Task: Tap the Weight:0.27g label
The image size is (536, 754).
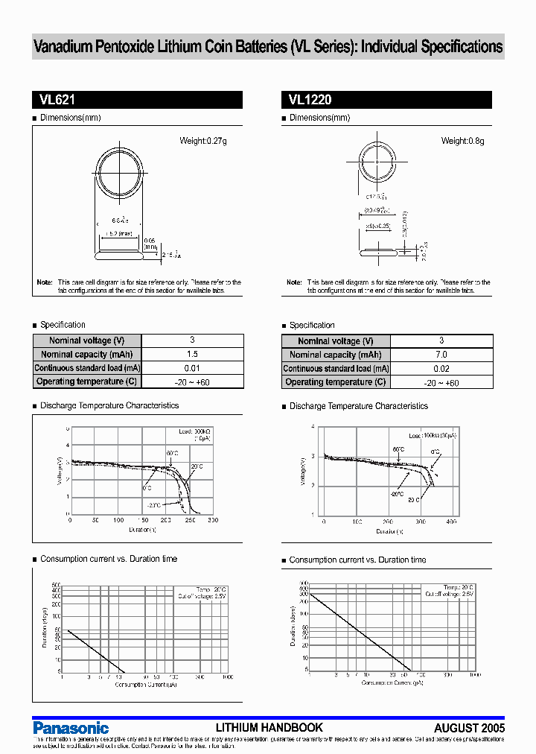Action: [202, 141]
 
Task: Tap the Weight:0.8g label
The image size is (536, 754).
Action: [462, 141]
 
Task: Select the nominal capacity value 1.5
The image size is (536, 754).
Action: [192, 355]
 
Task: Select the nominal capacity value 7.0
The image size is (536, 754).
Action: [441, 355]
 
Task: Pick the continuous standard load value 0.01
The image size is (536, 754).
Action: [192, 368]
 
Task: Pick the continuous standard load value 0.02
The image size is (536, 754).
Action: [441, 369]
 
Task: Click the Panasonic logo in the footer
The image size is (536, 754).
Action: [71, 728]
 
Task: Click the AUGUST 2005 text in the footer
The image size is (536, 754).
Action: [469, 728]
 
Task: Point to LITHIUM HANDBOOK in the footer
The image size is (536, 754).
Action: [269, 727]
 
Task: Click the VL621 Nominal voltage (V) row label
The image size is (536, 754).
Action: [86, 340]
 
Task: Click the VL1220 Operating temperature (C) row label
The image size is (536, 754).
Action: [336, 382]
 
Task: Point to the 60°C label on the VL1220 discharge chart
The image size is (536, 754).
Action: [399, 449]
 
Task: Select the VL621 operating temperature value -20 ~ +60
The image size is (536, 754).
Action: [192, 382]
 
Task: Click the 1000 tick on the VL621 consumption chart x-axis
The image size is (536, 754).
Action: [226, 677]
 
